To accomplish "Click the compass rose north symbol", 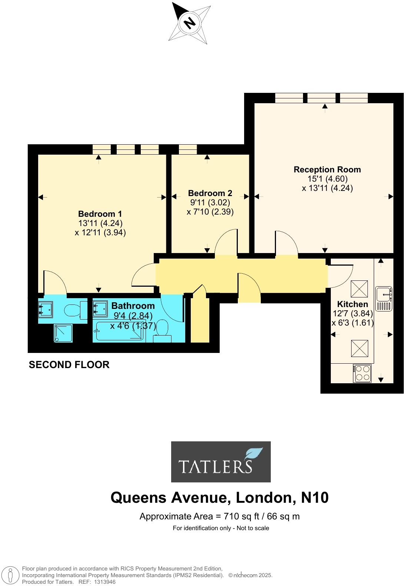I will tap(190, 23).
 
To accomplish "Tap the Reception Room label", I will tap(327, 169).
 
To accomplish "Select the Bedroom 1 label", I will tap(100, 214).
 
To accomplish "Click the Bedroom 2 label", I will tap(210, 193).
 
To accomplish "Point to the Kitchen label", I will tap(352, 304).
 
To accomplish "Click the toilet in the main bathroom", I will tap(162, 330).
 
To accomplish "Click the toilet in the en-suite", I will tap(75, 310).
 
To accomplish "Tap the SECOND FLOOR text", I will tap(69, 365).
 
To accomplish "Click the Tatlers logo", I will tap(221, 461).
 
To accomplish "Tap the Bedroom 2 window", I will tap(187, 149).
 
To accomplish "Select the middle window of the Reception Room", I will tap(322, 98).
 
